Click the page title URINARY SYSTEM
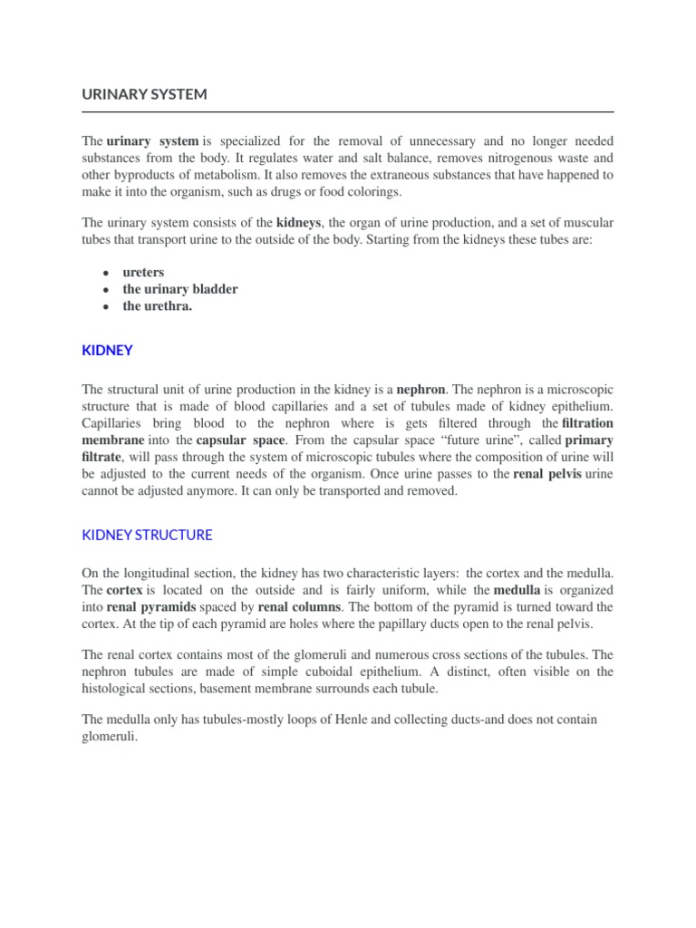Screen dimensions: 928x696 tap(144, 93)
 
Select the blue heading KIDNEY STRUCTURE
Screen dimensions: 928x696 tap(147, 535)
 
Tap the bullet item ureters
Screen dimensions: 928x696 tap(143, 272)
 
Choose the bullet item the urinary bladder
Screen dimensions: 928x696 tap(180, 289)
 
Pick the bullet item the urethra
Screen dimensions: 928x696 tap(158, 306)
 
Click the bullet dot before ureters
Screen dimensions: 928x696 tap(106, 273)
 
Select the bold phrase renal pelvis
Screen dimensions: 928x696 tap(547, 474)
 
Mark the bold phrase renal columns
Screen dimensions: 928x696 tap(299, 606)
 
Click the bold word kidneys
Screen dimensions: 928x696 tap(298, 221)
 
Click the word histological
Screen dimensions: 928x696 tap(117, 689)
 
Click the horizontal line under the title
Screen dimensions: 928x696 tap(348, 111)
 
